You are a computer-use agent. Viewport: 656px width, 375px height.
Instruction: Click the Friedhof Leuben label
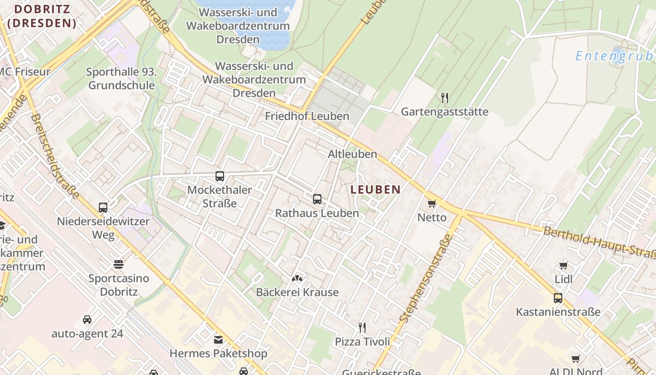pyautogui.click(x=307, y=116)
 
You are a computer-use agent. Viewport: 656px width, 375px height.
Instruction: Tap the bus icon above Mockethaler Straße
pyautogui.click(x=220, y=176)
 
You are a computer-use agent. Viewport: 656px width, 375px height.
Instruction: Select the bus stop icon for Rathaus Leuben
pyautogui.click(x=317, y=199)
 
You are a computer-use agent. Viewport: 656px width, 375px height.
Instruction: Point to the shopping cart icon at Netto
pyautogui.click(x=432, y=203)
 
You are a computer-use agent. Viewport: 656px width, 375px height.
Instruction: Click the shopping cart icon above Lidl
pyautogui.click(x=564, y=265)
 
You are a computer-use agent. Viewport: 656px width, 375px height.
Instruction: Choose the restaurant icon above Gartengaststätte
pyautogui.click(x=445, y=98)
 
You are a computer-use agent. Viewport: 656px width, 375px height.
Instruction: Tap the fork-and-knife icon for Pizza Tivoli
pyautogui.click(x=362, y=327)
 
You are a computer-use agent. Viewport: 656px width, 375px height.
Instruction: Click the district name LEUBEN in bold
pyautogui.click(x=375, y=190)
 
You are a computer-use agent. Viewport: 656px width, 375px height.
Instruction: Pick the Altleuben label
pyautogui.click(x=352, y=154)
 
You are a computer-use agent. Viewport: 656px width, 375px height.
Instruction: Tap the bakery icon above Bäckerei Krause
pyautogui.click(x=297, y=279)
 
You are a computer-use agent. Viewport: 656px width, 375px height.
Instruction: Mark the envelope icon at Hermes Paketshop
pyautogui.click(x=218, y=340)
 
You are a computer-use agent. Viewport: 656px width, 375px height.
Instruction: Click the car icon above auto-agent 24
pyautogui.click(x=87, y=320)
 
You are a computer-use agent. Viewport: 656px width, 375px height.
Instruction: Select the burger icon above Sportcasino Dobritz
pyautogui.click(x=119, y=264)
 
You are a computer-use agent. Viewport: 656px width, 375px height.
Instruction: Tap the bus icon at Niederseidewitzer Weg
pyautogui.click(x=103, y=207)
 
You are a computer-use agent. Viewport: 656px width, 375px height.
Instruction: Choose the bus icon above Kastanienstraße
pyautogui.click(x=558, y=298)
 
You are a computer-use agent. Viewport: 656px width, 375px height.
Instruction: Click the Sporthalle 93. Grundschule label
pyautogui.click(x=121, y=79)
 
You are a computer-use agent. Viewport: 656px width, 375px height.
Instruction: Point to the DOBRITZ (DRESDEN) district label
pyautogui.click(x=42, y=16)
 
